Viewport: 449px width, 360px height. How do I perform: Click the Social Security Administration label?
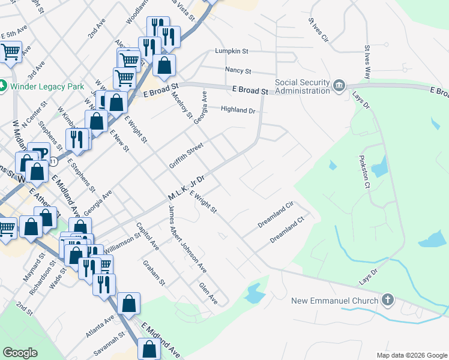[x=303, y=86]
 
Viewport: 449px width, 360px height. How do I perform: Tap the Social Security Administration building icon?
[x=339, y=86]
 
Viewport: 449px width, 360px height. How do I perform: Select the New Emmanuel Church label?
[x=335, y=301]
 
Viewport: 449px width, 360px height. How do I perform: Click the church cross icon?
[x=388, y=299]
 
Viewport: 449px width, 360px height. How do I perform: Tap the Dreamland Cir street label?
[x=274, y=214]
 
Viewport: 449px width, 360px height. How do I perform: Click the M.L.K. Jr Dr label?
[x=187, y=188]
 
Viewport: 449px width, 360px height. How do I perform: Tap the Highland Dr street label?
[x=238, y=110]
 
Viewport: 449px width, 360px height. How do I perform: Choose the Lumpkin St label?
[x=232, y=52]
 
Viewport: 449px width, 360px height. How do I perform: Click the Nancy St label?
[x=237, y=70]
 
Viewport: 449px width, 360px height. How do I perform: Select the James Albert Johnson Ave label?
[x=187, y=239]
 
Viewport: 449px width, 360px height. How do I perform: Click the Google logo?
[x=20, y=353]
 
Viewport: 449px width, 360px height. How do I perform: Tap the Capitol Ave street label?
[x=147, y=236]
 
